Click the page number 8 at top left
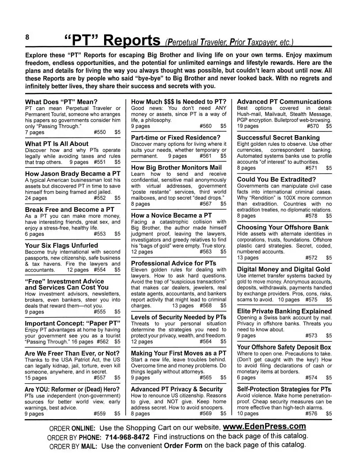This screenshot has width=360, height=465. (x=27, y=38)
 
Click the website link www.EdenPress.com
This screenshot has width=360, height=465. (x=264, y=427)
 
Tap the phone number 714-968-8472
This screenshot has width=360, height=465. (x=127, y=436)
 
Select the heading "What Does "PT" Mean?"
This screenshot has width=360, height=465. (x=61, y=102)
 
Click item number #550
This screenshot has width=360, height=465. (x=100, y=132)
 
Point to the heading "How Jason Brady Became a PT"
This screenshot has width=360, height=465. (x=73, y=174)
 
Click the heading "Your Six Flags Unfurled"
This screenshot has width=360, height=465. (x=62, y=245)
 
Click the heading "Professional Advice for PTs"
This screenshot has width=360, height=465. (x=174, y=263)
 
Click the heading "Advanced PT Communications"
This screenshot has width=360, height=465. (x=284, y=102)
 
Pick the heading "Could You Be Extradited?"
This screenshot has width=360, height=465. (x=277, y=179)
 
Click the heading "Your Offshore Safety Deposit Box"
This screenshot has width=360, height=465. (x=284, y=347)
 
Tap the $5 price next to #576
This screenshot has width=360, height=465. (x=329, y=414)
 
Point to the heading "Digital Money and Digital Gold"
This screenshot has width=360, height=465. (x=284, y=269)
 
